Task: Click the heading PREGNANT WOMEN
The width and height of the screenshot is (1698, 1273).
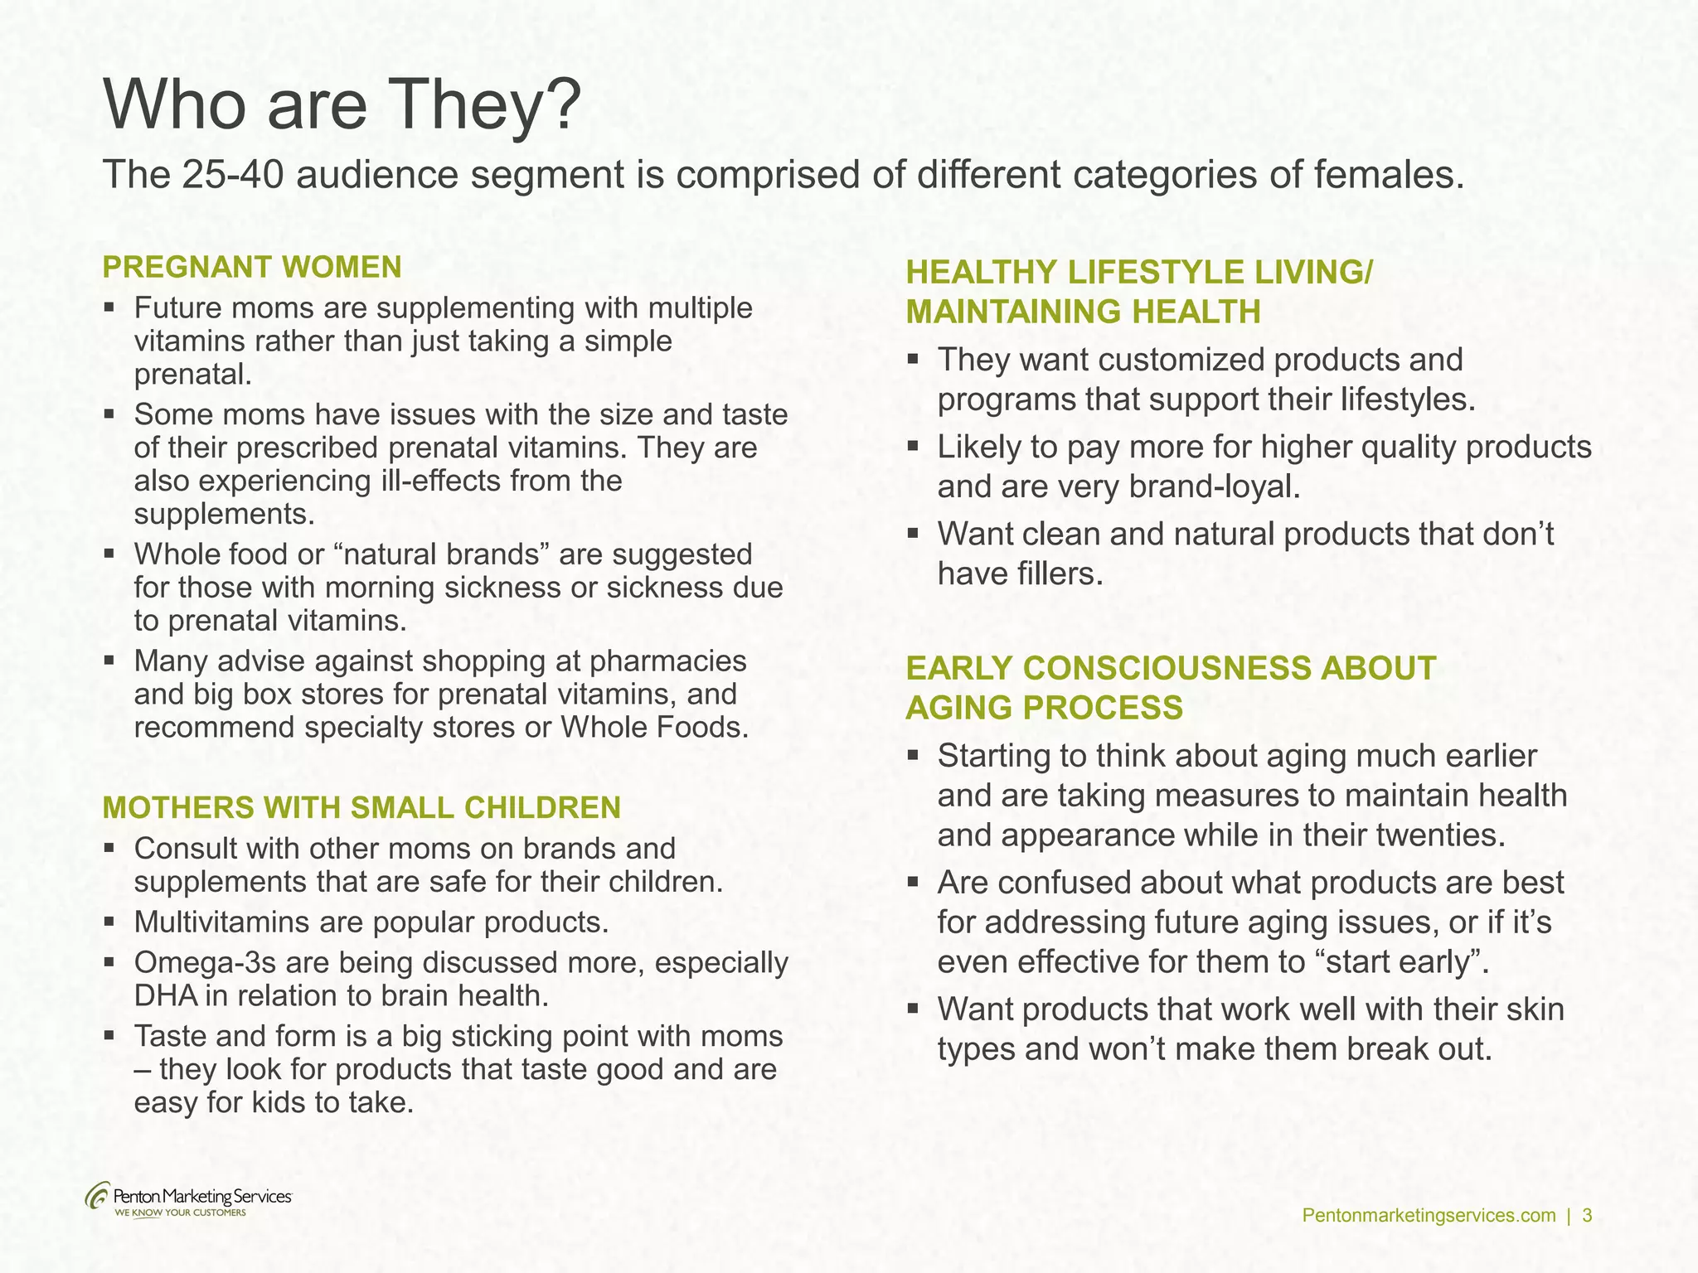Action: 252,268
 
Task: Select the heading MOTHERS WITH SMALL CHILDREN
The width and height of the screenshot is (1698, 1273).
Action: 361,807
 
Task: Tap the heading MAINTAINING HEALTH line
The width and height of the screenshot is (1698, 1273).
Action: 1083,312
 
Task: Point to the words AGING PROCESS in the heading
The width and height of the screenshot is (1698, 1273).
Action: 1044,708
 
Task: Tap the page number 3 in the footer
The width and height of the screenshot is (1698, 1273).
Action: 1587,1216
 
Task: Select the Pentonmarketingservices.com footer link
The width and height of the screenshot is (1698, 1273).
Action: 1429,1216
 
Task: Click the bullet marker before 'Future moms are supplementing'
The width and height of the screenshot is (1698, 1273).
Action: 109,308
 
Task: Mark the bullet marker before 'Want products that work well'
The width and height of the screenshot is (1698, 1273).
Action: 913,1009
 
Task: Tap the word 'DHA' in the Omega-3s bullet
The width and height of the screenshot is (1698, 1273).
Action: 165,996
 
